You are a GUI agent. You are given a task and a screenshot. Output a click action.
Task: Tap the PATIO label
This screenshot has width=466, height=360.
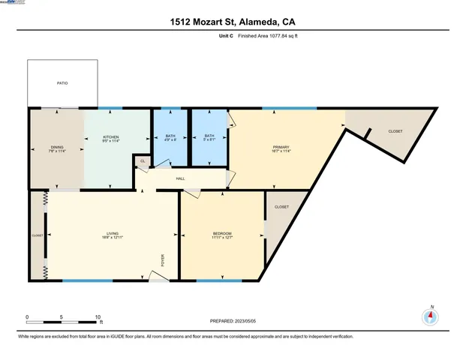(x=62, y=83)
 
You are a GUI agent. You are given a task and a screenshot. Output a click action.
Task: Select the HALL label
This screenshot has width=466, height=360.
(x=180, y=178)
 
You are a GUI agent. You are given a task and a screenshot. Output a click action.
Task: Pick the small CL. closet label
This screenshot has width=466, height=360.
(x=142, y=160)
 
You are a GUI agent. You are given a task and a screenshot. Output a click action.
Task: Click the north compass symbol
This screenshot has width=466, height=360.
(x=430, y=316)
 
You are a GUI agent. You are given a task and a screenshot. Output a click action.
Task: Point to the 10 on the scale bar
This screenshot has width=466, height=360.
(x=98, y=317)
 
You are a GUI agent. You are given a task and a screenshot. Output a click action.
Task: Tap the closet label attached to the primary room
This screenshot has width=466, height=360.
(x=395, y=131)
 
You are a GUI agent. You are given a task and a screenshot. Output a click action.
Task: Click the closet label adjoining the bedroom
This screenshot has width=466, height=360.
(x=281, y=207)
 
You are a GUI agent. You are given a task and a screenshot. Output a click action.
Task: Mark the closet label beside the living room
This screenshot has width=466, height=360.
(x=38, y=235)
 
